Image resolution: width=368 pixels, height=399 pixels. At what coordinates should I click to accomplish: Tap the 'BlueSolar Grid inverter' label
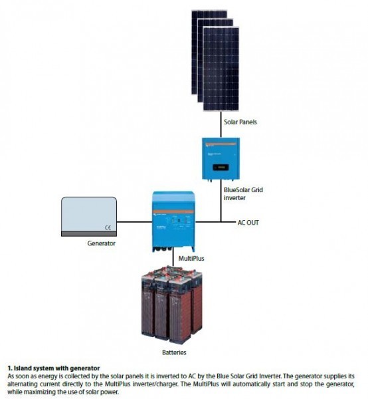point(243,194)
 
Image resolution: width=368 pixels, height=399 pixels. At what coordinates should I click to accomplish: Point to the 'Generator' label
point(102,244)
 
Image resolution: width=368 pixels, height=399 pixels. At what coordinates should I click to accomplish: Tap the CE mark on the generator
point(106,227)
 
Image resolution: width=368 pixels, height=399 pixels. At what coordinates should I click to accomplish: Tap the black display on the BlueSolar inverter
point(221,166)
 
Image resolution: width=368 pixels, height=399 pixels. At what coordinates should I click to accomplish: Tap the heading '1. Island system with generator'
point(52,368)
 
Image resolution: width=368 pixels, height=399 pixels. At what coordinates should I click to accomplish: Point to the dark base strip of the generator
point(89,234)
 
